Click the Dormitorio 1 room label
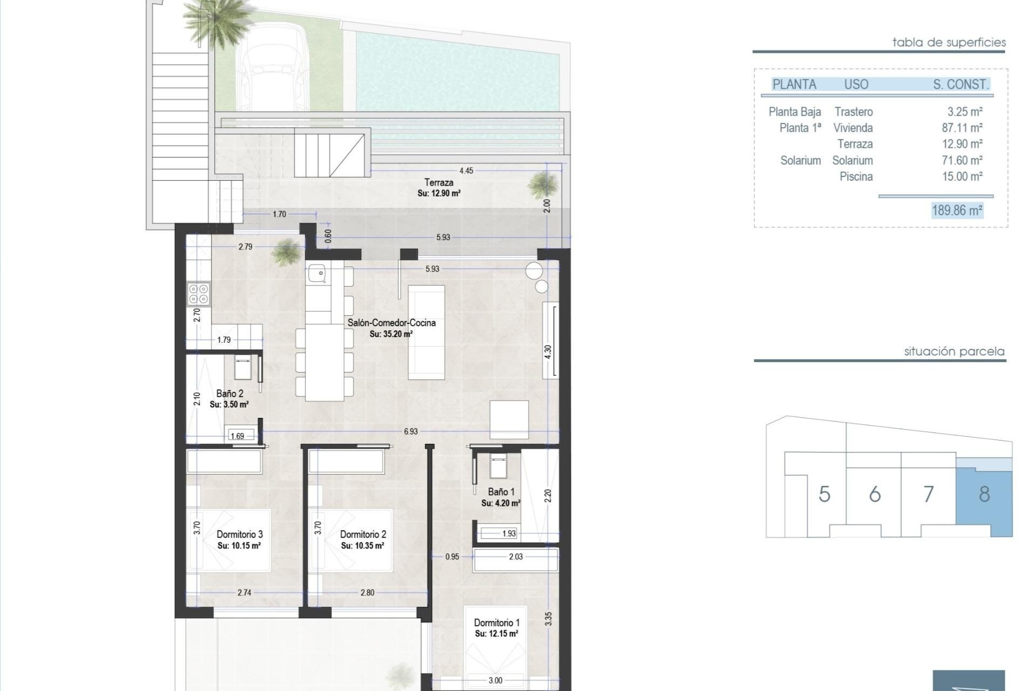[496, 622]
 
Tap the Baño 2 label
[229, 394]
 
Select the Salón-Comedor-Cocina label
[391, 323]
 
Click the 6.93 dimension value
[411, 431]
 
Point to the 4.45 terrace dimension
[466, 171]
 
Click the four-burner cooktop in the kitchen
[198, 294]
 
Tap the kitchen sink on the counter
[317, 274]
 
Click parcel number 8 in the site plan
[984, 494]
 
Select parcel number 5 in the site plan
[824, 494]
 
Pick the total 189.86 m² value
[957, 210]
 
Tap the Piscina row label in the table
[856, 177]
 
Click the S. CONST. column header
[960, 84]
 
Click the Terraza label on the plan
[439, 182]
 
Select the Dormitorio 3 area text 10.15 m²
[239, 546]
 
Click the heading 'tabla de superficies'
[949, 42]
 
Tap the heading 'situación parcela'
[954, 351]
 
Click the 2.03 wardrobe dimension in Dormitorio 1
[516, 557]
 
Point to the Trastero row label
[853, 112]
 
